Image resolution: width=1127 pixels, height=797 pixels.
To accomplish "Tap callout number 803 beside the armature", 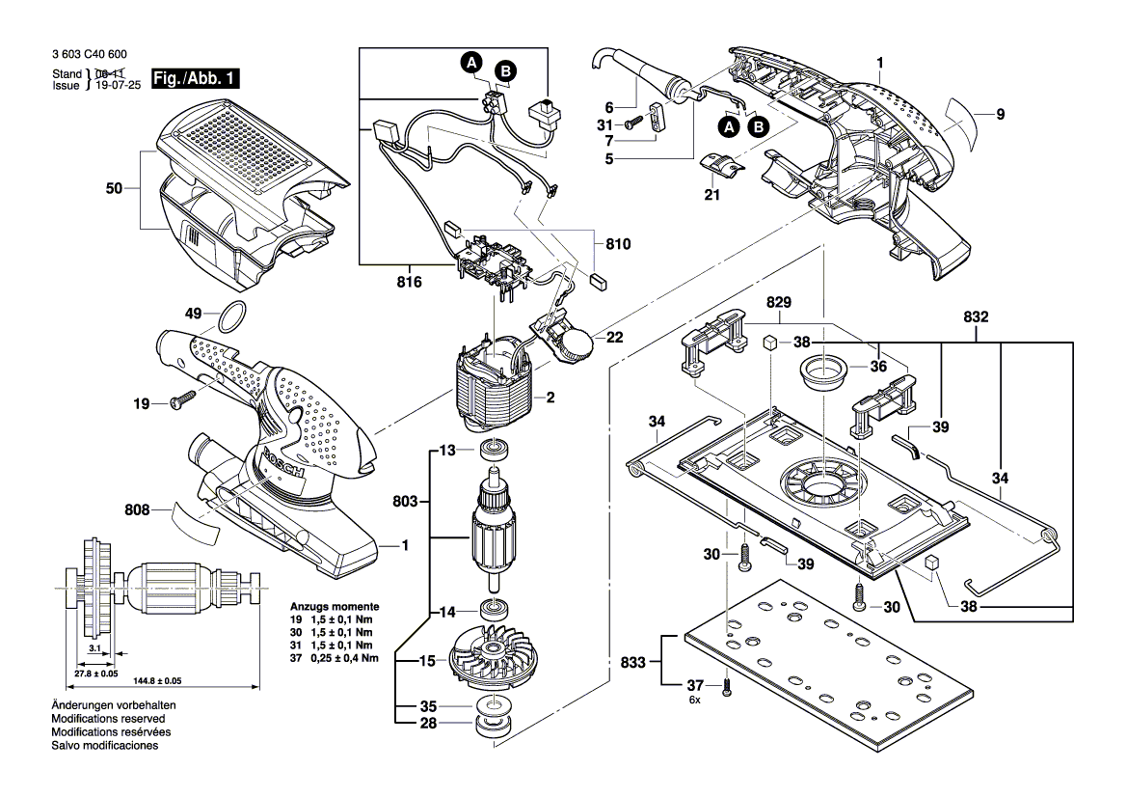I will (x=405, y=501).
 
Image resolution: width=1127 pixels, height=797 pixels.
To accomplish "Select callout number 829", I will (x=780, y=302).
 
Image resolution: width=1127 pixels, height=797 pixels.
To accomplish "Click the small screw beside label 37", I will (x=727, y=688).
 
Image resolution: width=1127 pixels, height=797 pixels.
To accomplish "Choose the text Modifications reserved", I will (x=108, y=719).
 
